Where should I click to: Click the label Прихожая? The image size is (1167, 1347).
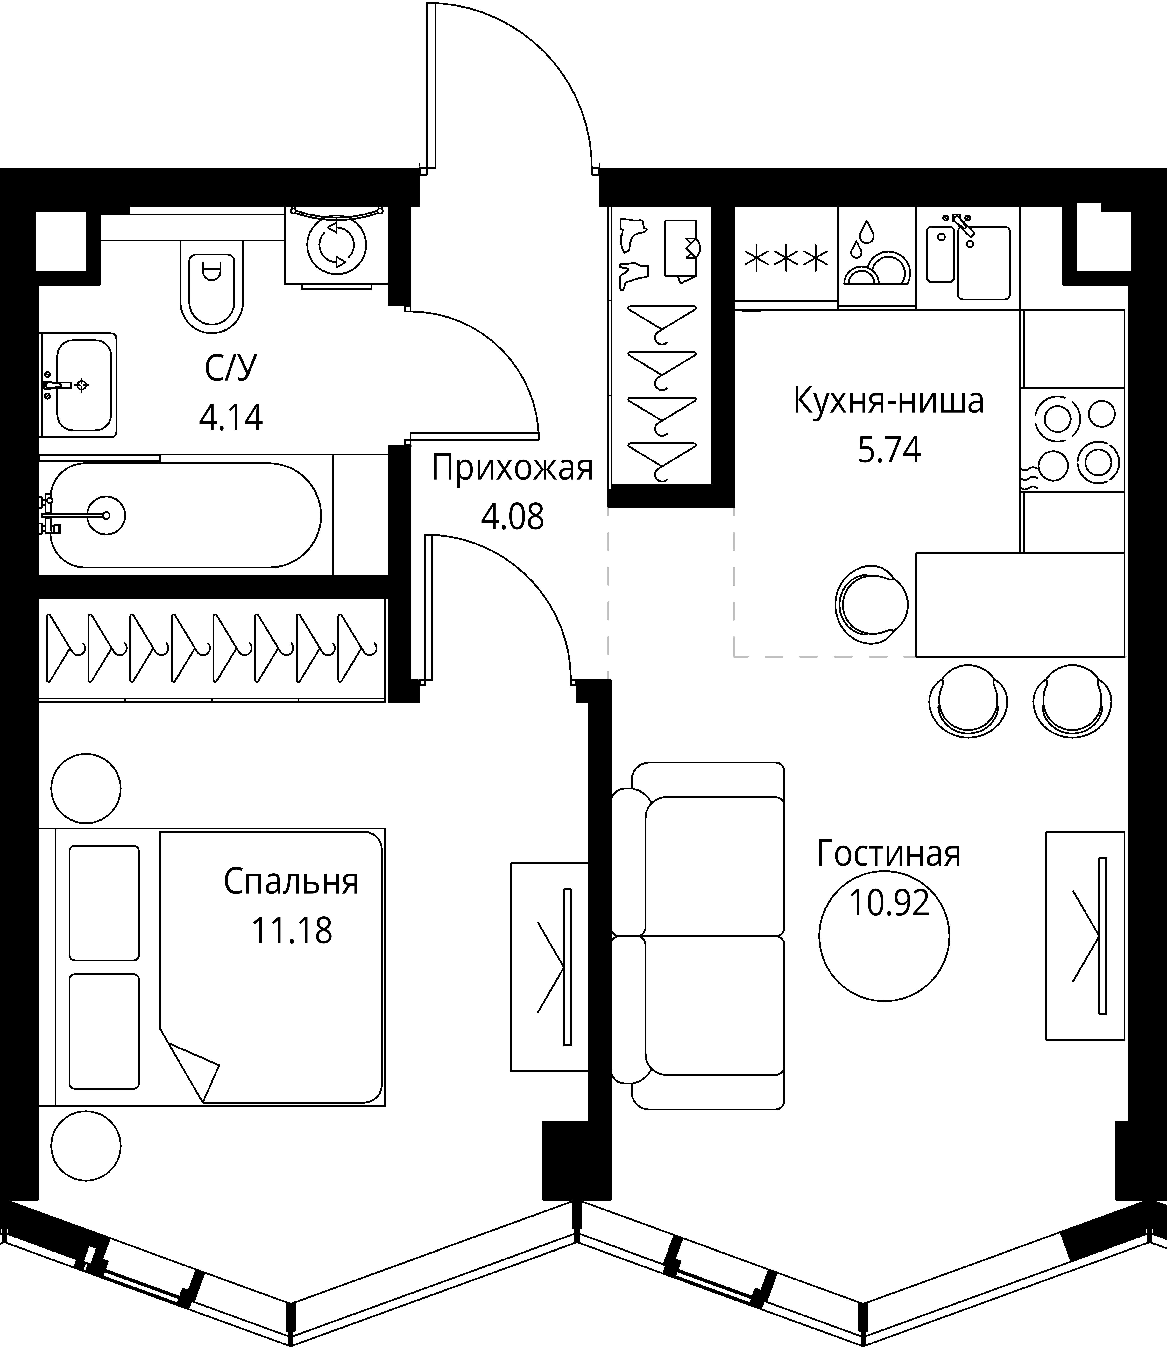click(513, 469)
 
